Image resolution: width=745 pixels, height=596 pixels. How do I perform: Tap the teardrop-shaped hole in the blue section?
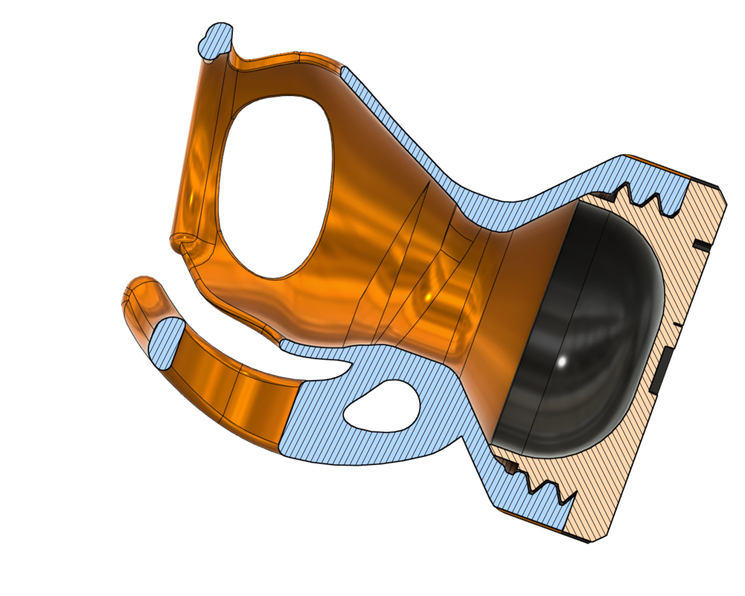coord(383,405)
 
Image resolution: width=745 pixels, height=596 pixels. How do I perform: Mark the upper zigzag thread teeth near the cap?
coord(640,195)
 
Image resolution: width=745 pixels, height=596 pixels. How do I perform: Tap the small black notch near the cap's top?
coord(701,246)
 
